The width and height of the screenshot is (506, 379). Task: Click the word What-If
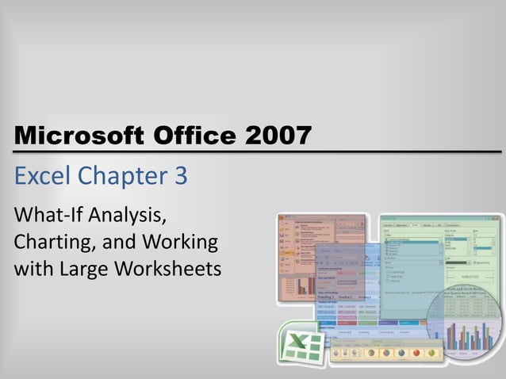click(x=47, y=215)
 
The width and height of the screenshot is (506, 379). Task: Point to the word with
click(x=31, y=268)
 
